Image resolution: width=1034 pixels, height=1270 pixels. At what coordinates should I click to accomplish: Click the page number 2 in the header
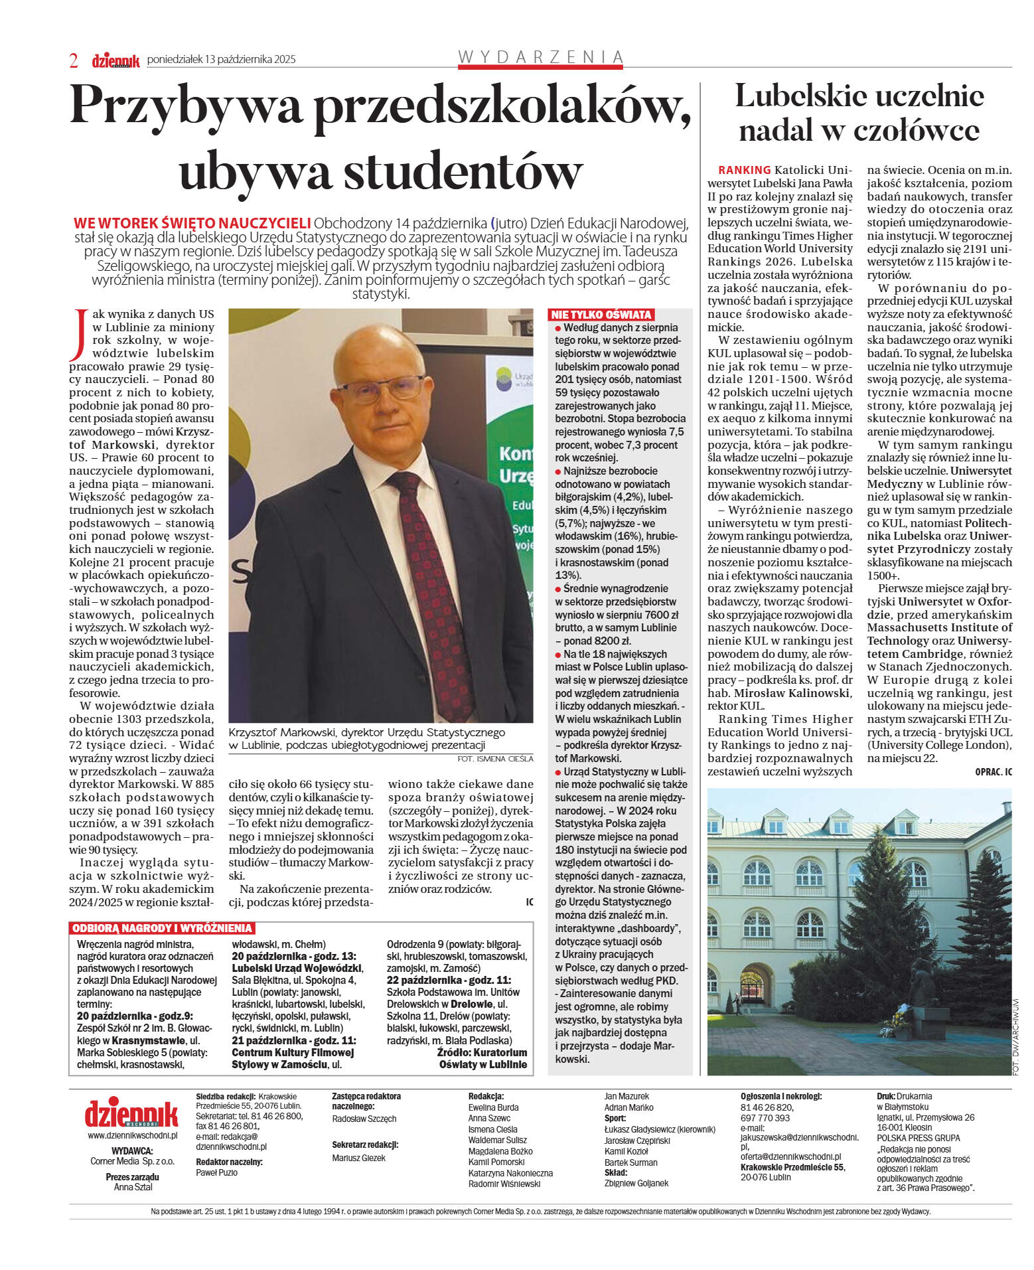coord(74,60)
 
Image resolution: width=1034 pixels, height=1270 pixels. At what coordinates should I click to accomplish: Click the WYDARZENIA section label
coord(540,57)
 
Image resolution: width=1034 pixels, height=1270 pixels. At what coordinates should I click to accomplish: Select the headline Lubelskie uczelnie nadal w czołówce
coord(859,113)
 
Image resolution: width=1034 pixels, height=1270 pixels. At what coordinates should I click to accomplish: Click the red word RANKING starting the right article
coord(744,170)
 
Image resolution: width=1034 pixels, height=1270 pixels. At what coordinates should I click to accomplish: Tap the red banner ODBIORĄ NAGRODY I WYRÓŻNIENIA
coord(162,928)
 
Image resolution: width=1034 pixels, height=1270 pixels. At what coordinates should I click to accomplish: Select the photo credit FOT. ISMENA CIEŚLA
coord(495,759)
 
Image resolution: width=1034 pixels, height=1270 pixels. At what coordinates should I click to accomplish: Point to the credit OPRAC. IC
coord(993,771)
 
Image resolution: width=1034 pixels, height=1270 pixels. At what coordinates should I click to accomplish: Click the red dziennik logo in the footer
coord(131,1114)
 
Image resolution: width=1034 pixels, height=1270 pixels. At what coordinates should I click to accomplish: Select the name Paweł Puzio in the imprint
coord(216,1172)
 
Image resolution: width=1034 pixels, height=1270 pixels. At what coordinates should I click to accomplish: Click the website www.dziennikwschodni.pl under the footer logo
coord(132,1135)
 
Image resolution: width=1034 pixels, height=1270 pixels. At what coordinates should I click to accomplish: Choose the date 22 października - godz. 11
coord(449,980)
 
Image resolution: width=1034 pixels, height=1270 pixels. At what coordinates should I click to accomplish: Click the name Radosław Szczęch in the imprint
coord(364,1119)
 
